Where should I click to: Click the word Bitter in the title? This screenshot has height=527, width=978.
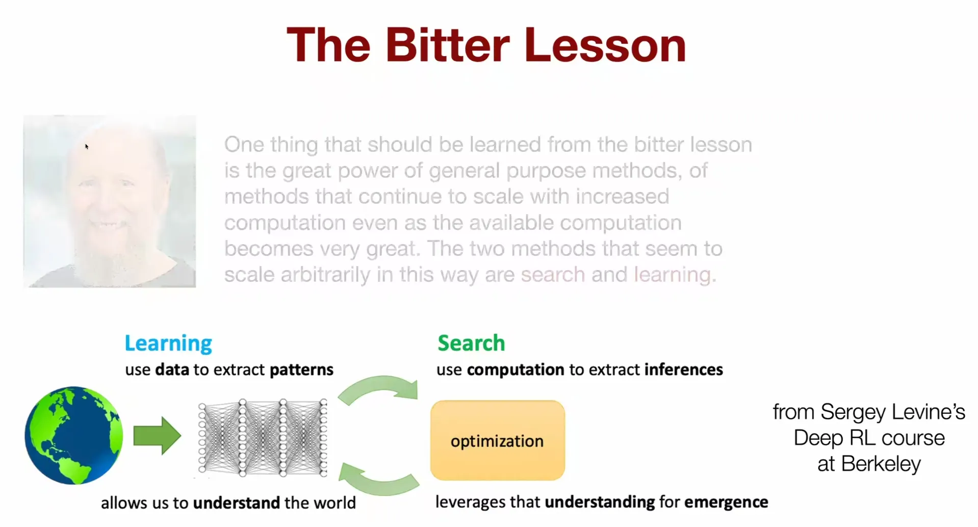point(447,45)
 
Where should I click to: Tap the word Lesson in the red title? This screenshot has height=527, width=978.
point(605,45)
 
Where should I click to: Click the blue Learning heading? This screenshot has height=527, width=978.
point(168,344)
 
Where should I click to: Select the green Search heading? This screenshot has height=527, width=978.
point(471,343)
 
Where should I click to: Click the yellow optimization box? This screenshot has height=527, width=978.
point(497,440)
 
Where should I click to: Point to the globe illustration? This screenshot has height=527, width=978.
point(74,435)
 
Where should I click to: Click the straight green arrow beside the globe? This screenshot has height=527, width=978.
point(157,436)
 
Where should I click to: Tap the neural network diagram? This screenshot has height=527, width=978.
point(263,438)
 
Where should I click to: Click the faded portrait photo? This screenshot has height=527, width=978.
point(110,201)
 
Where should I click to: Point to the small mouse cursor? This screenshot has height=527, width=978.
point(87,147)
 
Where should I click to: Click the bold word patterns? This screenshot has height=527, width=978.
point(301,370)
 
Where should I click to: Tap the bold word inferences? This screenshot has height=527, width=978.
point(683,370)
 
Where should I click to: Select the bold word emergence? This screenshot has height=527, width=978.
point(726,503)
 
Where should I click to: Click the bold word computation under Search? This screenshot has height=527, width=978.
point(516,370)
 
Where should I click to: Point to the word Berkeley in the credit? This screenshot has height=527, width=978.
point(881,464)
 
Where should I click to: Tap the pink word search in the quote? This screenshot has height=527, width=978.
point(553,275)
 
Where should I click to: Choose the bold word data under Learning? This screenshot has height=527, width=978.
point(172,370)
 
